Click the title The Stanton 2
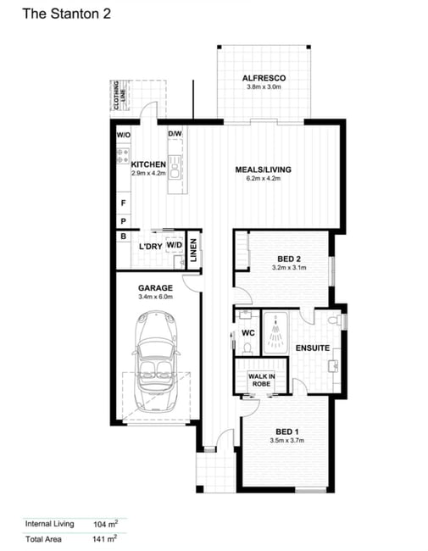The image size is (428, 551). (x=66, y=14)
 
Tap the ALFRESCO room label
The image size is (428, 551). (x=264, y=78)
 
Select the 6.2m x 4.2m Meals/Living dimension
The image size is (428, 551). (x=264, y=178)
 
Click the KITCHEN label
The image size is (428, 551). (x=148, y=164)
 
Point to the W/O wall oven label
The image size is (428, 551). (x=124, y=135)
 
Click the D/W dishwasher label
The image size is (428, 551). (x=175, y=134)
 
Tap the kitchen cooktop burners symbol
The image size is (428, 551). (x=123, y=156)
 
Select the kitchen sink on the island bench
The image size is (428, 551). (x=175, y=169)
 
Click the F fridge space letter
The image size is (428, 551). (x=124, y=203)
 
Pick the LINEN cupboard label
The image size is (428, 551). (x=193, y=250)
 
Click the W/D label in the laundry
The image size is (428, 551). (x=175, y=245)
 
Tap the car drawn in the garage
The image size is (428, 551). (x=156, y=361)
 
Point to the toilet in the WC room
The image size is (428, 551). (x=247, y=348)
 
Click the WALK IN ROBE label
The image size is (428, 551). (x=262, y=381)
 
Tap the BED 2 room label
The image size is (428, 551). (x=289, y=259)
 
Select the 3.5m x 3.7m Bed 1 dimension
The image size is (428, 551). (x=287, y=440)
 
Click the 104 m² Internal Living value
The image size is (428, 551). (x=105, y=524)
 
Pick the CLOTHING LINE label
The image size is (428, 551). (x=120, y=96)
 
